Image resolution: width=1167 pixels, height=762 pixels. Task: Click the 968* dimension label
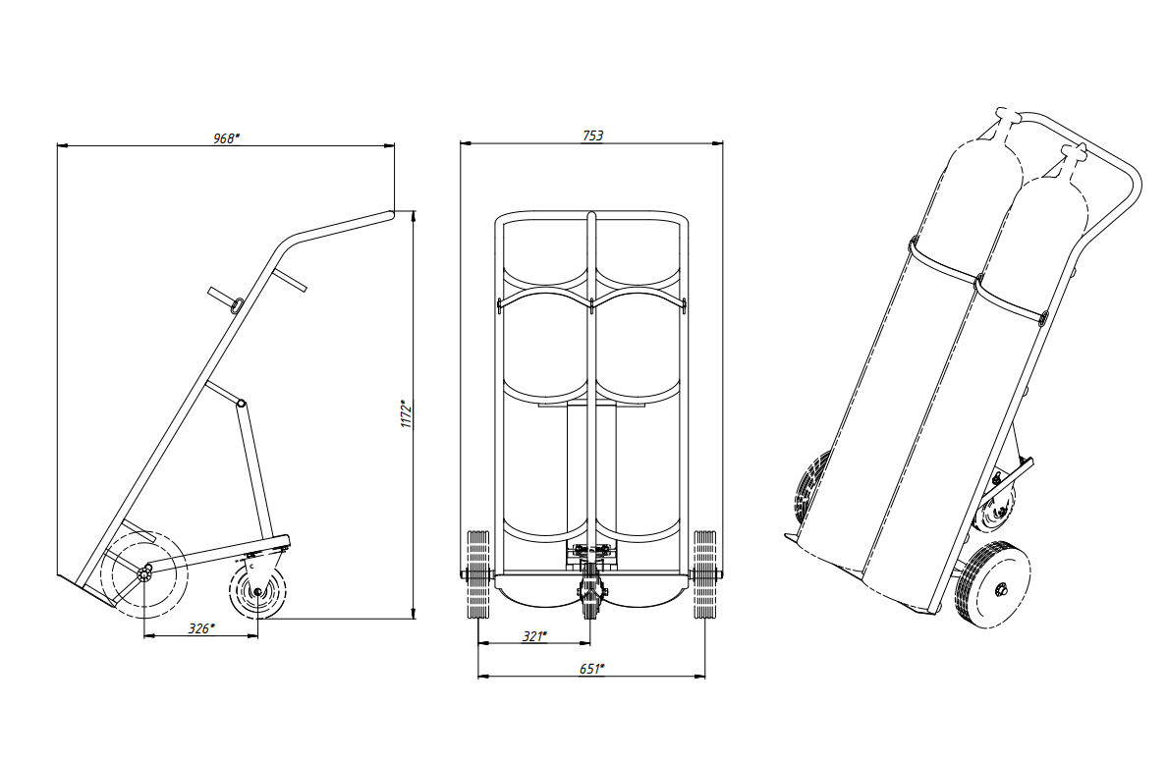pos(226,138)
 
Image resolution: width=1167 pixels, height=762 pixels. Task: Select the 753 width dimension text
pos(592,136)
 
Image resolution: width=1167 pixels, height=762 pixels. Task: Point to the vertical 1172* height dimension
pos(407,414)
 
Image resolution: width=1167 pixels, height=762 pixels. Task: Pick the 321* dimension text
pos(534,636)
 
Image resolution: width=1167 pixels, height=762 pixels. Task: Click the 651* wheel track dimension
pos(591,669)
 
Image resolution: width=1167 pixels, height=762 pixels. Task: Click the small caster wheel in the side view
pos(257,591)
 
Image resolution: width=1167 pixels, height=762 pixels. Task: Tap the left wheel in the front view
pos(477,574)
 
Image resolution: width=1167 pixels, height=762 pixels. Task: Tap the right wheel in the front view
pos(704,574)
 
